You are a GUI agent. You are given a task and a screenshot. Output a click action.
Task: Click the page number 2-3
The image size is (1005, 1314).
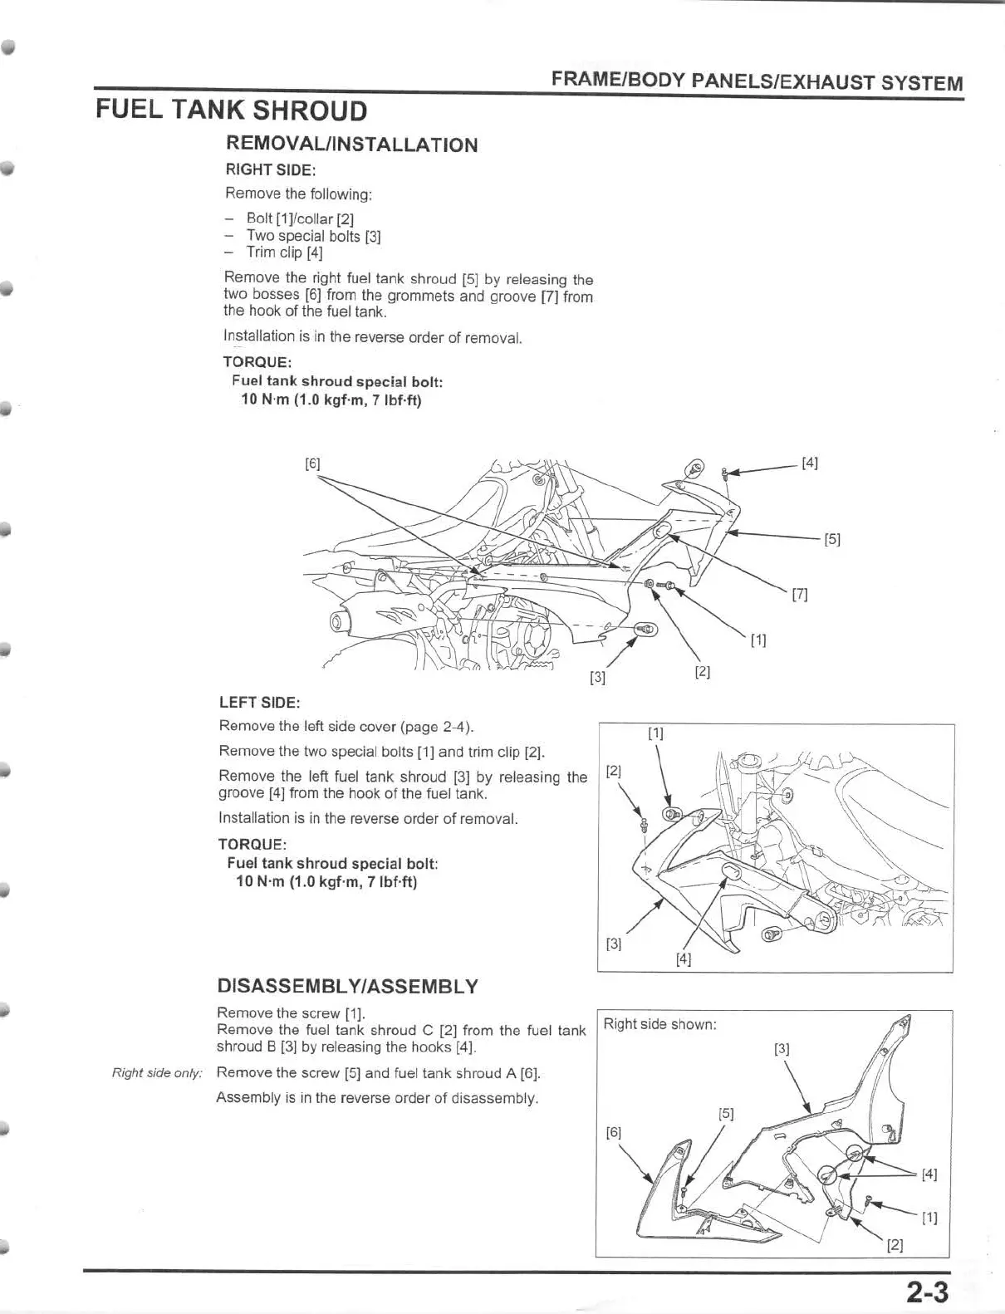coord(927,1292)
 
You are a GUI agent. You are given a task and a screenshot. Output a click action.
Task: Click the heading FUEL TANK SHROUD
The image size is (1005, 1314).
coord(232,110)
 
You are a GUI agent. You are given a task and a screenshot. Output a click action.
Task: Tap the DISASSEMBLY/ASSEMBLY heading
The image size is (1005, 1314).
coord(347,987)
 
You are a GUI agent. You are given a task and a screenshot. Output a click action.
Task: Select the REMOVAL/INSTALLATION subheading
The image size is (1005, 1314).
coord(351,145)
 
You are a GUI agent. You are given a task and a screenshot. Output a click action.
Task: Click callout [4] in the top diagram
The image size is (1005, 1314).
coord(810,463)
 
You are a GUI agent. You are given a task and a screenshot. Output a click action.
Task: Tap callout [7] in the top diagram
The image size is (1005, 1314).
coord(800,594)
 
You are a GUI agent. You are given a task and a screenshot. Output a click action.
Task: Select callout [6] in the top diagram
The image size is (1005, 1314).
coord(312,463)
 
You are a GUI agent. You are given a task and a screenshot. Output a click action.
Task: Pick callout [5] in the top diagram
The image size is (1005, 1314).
coord(832,539)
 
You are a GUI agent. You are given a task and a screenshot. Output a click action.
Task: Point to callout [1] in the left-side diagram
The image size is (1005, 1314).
coord(656,733)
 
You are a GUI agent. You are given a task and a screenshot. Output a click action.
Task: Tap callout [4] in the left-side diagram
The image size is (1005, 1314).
coord(684,959)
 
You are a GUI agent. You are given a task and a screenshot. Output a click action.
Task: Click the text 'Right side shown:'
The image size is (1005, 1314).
coord(659,1024)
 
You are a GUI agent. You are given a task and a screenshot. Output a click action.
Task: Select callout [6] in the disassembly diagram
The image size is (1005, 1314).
coord(613,1133)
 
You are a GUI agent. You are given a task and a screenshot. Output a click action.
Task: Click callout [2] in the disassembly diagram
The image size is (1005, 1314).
coord(895,1245)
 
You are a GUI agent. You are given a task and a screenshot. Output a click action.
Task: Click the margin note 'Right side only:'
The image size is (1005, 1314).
coord(157,1073)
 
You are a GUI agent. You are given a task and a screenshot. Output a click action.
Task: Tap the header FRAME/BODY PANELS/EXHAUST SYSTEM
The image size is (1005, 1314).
coord(756,81)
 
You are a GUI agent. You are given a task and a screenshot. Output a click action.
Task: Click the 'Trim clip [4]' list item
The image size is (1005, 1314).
coord(284,253)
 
